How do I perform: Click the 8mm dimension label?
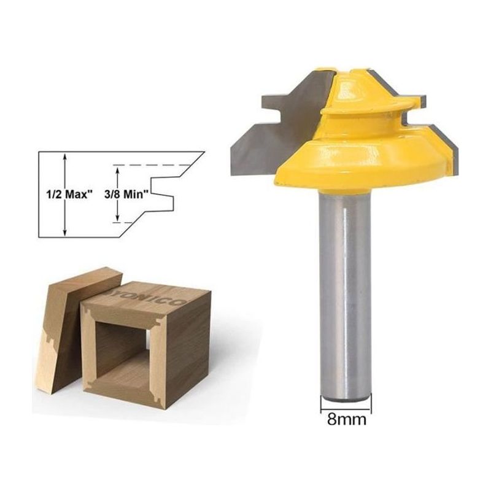point(347,419)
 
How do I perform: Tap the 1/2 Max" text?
point(70,195)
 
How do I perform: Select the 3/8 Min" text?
point(126,195)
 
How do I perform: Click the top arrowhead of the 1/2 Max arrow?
point(65,157)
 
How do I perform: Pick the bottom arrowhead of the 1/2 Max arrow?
point(65,232)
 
